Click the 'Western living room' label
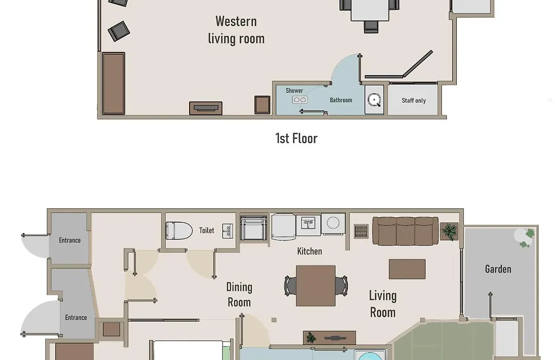tap(236, 30)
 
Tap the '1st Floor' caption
tap(297, 138)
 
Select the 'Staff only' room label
tap(413, 101)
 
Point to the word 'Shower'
tap(294, 91)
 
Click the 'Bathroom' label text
tap(341, 100)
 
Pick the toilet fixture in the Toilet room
tap(179, 231)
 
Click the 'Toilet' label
tap(207, 230)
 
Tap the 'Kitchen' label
tap(309, 251)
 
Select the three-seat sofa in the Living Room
tap(405, 231)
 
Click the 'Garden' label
tap(498, 269)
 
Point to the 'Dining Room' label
tap(239, 295)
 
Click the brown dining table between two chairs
tap(316, 285)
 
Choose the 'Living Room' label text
tap(383, 304)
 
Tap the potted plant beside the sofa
tap(450, 232)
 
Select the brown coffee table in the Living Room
tap(407, 269)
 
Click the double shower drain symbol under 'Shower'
tap(300, 100)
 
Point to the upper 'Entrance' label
tap(70, 240)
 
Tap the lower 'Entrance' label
tap(76, 317)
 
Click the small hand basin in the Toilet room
tap(228, 231)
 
